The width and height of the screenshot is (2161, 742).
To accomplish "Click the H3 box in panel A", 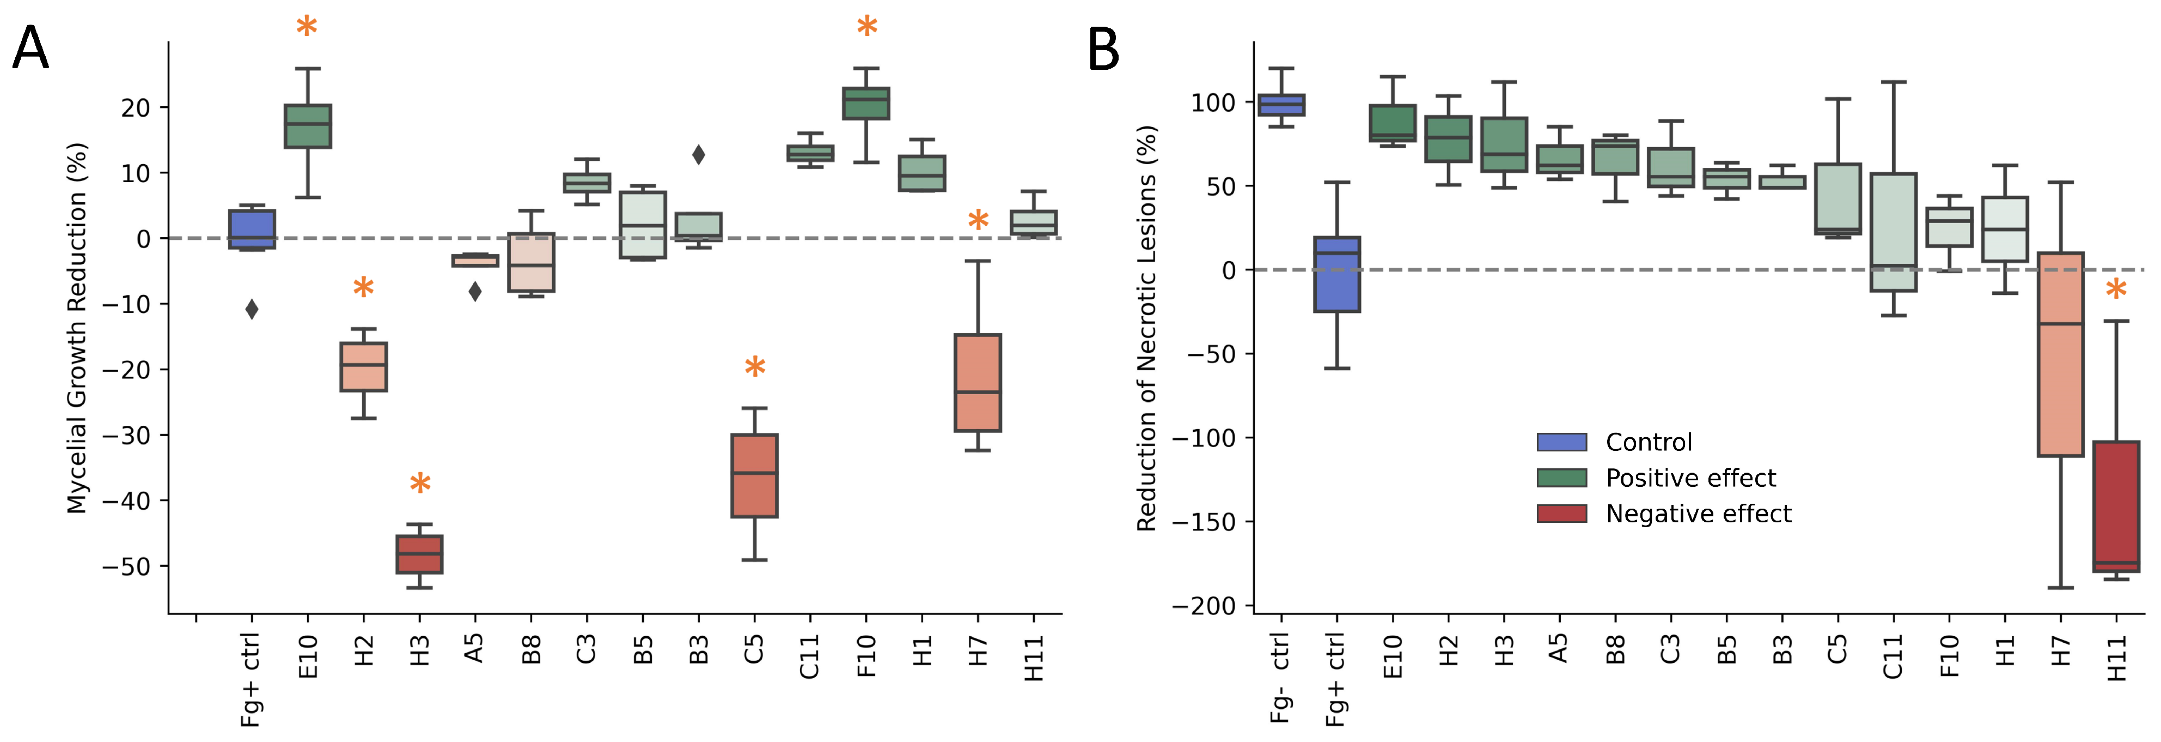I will tap(419, 554).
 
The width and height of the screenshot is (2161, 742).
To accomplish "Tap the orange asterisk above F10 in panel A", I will tap(866, 28).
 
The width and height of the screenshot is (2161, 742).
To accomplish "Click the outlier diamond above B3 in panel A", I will tap(698, 154).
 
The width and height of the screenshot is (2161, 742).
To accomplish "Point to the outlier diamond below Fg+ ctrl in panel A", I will tap(252, 309).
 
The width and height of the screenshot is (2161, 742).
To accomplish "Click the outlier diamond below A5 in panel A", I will tap(475, 291).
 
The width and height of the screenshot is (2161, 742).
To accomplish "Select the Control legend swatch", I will tap(1561, 442).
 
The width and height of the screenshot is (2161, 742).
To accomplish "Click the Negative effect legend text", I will tap(1698, 514).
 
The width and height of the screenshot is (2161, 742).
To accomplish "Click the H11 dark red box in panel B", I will tap(2116, 506).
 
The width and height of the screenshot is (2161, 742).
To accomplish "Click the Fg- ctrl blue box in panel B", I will tap(1281, 104).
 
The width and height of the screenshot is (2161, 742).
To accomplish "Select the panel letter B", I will tap(1103, 50).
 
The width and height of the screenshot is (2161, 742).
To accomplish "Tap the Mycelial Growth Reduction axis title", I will tap(77, 327).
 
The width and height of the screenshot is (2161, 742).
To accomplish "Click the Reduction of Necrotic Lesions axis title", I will tap(1147, 327).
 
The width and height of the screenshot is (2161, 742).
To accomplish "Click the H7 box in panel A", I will tap(978, 383).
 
